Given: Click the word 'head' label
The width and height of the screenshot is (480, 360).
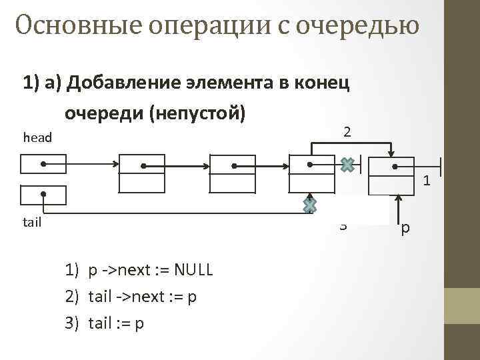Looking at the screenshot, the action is [x=37, y=138].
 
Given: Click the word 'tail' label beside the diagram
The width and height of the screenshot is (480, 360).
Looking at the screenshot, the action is [x=32, y=222].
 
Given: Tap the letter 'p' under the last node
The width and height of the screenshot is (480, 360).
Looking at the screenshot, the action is [x=406, y=229].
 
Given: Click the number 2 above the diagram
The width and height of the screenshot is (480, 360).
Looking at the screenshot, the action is [x=347, y=132].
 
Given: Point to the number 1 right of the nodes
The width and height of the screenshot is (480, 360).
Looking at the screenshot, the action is [x=427, y=181].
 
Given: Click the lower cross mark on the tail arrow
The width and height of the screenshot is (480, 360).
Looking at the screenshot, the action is [x=310, y=205].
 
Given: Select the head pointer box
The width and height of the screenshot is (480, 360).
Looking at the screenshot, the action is [x=43, y=163].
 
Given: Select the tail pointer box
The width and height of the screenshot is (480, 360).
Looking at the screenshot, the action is [x=43, y=195].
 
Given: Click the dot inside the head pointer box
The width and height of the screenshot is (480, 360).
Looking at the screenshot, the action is [x=42, y=163].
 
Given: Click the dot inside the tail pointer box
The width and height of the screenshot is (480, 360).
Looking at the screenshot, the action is [x=42, y=195].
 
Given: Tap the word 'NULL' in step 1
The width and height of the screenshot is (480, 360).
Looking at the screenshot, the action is [x=193, y=270].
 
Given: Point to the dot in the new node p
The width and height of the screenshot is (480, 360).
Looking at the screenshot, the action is [x=395, y=167].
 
